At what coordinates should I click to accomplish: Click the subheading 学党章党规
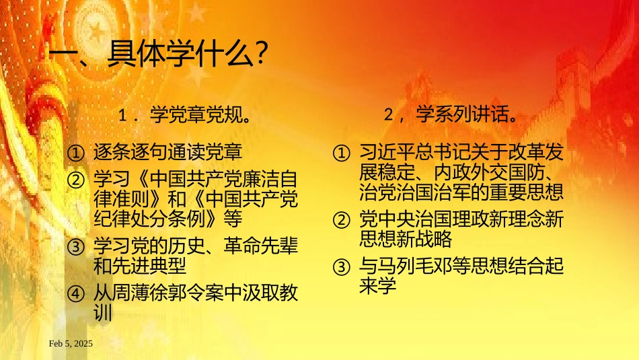200,116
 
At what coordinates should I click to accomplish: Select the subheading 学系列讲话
465,116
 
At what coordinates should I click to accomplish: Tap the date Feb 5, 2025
71,344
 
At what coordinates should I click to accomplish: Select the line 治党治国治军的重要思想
461,192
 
